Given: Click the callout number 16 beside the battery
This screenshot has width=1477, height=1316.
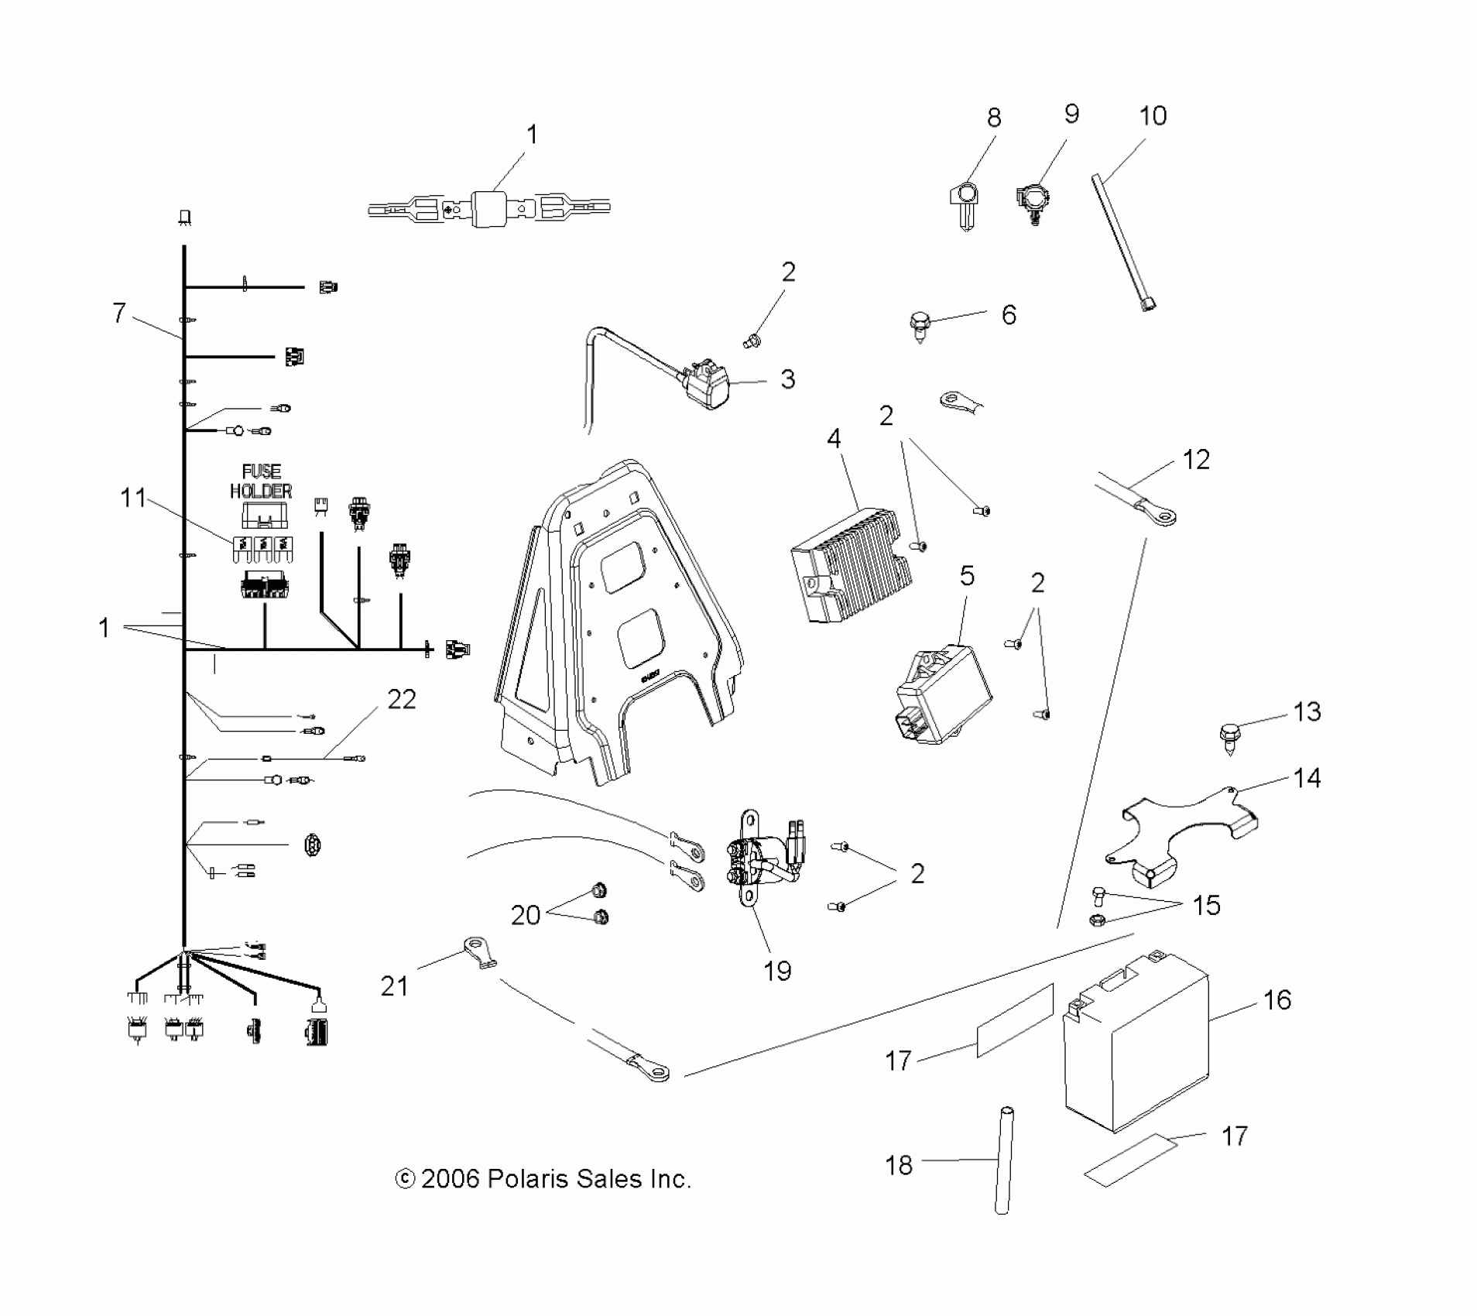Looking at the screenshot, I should point(1277,999).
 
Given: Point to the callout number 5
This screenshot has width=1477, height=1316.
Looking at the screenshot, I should point(967,576).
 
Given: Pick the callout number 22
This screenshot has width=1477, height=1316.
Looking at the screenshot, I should point(401,700).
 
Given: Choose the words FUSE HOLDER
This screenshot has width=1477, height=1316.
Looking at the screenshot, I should point(261,481).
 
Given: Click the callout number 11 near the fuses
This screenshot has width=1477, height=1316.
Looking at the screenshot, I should point(133,498).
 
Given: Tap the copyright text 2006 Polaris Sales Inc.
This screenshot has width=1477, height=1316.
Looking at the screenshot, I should point(543,1180).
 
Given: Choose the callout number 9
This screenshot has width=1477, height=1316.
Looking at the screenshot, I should point(1071,115).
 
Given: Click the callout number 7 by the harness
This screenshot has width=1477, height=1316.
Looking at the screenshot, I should point(118,313).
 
